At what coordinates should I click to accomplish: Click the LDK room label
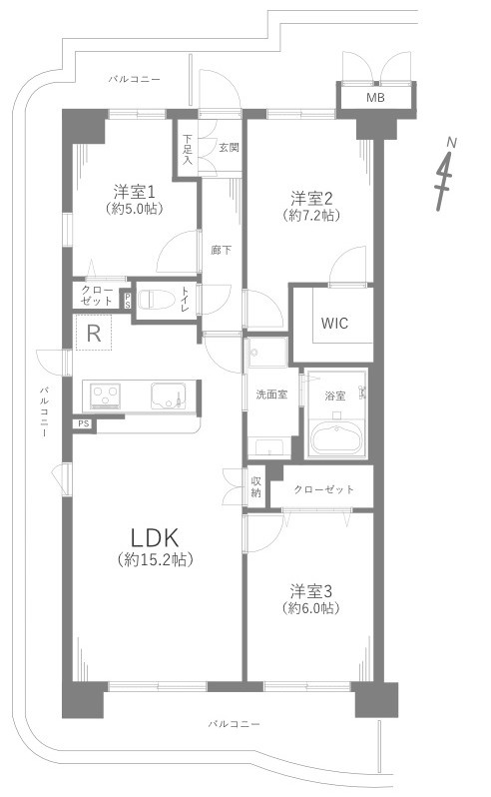155,536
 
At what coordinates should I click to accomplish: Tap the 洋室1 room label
134,192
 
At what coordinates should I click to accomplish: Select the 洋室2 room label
310,197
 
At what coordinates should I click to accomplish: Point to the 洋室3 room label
310,591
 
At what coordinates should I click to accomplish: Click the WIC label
334,324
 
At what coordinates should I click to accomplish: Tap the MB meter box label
375,98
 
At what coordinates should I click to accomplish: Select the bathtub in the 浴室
336,437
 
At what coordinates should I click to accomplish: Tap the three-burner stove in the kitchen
105,397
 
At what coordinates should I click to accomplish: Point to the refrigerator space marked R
94,333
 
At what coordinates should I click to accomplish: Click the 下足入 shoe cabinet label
188,149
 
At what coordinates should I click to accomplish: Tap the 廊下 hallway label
222,250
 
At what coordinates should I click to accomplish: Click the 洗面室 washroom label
271,394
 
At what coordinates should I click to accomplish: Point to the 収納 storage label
255,486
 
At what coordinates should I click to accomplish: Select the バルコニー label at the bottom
235,724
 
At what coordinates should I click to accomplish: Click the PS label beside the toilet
128,301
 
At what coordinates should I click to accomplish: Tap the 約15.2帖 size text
155,560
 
